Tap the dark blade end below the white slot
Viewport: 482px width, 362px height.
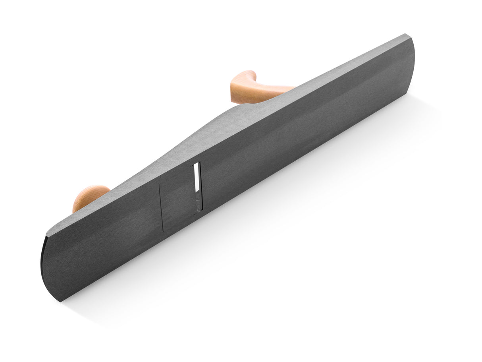[198, 205]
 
